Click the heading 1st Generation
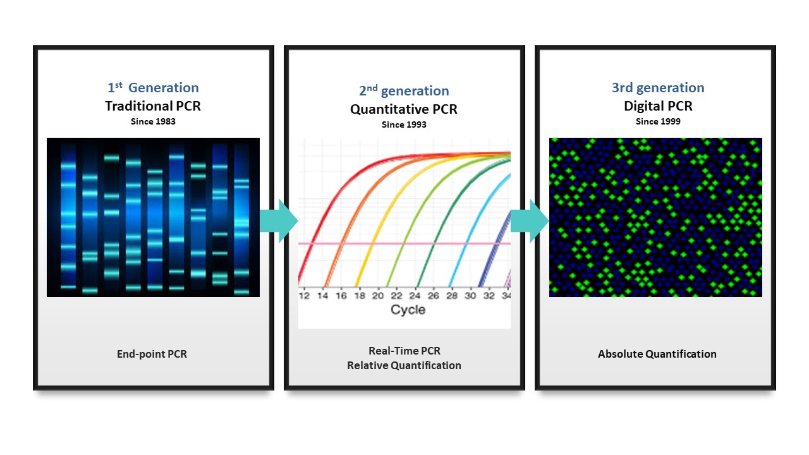(153, 87)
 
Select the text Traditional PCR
(153, 106)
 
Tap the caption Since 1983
(153, 121)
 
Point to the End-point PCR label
(152, 354)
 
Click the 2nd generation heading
(404, 90)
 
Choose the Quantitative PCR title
(404, 109)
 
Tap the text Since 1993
(404, 124)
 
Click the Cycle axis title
(408, 310)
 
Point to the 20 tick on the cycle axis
(378, 296)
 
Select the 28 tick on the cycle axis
(452, 296)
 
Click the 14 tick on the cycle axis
(322, 296)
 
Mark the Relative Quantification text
(404, 365)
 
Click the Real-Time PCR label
(404, 351)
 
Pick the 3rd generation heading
(658, 87)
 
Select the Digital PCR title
(658, 106)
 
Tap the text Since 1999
(658, 121)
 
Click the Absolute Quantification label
(657, 354)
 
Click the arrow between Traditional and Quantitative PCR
(279, 221)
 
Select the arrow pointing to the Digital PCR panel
(530, 221)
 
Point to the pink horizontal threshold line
(404, 244)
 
